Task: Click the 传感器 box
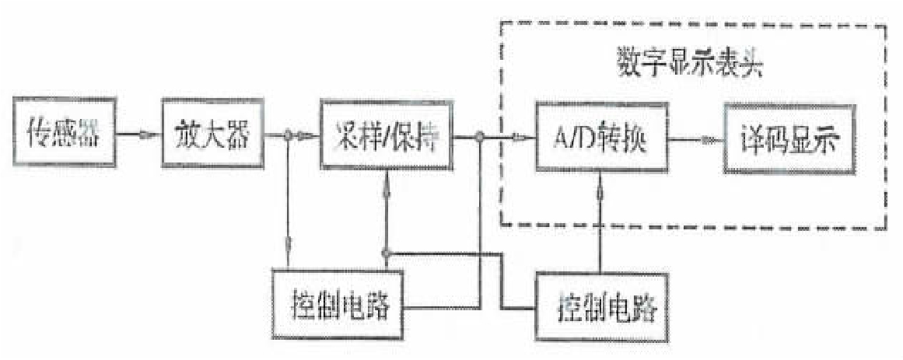pos(63,131)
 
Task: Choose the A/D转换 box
pos(602,139)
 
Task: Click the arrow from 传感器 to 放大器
pos(138,133)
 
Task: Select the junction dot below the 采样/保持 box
pos(386,253)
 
